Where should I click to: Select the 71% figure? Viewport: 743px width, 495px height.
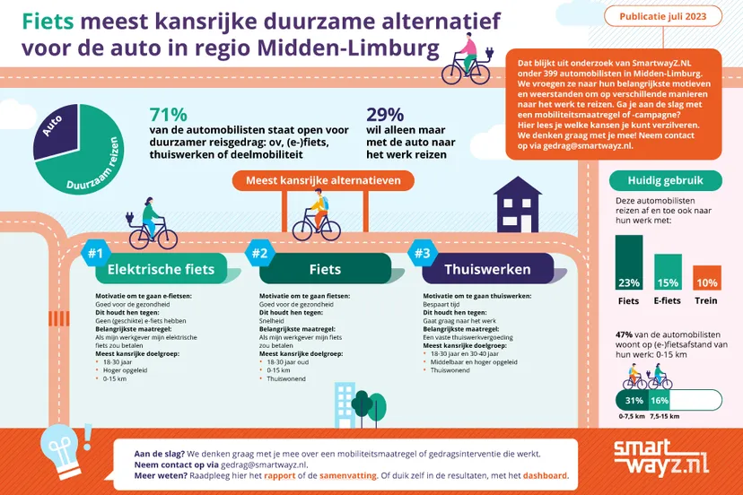168,115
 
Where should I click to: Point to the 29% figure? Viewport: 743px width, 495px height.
385,115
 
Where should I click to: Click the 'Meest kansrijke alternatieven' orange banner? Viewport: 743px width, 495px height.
324,179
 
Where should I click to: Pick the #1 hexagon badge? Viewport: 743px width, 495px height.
94,255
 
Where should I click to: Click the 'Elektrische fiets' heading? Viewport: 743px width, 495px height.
161,269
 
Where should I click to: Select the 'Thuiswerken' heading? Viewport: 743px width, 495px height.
487,269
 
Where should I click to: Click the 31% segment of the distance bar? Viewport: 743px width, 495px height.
634,400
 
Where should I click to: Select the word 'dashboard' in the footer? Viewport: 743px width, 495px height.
542,476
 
